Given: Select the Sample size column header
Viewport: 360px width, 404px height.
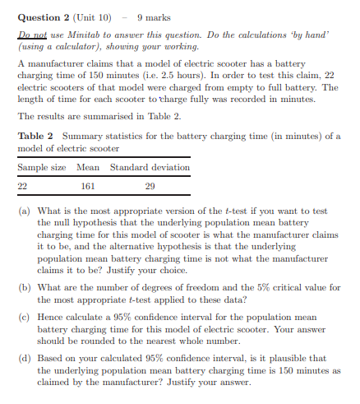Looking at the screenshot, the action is [42, 167].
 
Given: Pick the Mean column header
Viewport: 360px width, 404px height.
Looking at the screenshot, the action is [87, 167].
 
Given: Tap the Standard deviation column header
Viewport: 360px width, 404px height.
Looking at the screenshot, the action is [150, 167].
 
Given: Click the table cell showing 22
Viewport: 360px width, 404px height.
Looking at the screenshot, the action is [23, 186].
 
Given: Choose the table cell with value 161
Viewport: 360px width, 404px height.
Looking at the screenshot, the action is [87, 186].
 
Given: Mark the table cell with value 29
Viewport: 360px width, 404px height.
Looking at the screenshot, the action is [149, 186].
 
